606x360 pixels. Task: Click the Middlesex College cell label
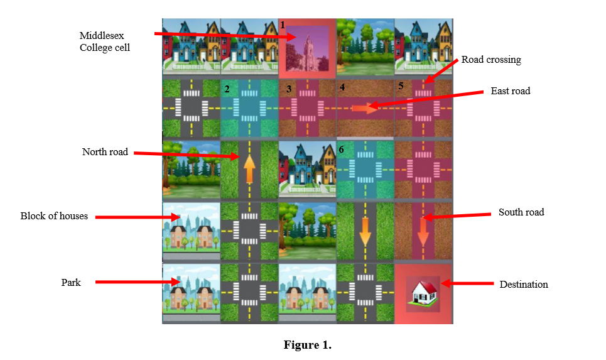104,41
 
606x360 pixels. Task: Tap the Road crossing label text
491,60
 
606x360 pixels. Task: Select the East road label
510,91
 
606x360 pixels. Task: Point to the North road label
105,152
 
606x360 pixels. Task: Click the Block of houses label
54,216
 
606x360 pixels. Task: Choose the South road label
521,212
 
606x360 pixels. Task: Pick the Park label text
71,283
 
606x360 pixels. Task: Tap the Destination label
524,285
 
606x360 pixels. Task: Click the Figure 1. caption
307,345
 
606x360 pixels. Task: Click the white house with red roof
423,292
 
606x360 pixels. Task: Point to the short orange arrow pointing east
364,108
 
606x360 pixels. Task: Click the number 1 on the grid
283,25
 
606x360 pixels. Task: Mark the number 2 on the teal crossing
227,89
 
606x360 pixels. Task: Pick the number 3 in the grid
288,89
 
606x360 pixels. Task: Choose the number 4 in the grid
342,87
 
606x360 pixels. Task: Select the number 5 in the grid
400,85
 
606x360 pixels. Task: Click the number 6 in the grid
342,150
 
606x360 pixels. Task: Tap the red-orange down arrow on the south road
423,231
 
